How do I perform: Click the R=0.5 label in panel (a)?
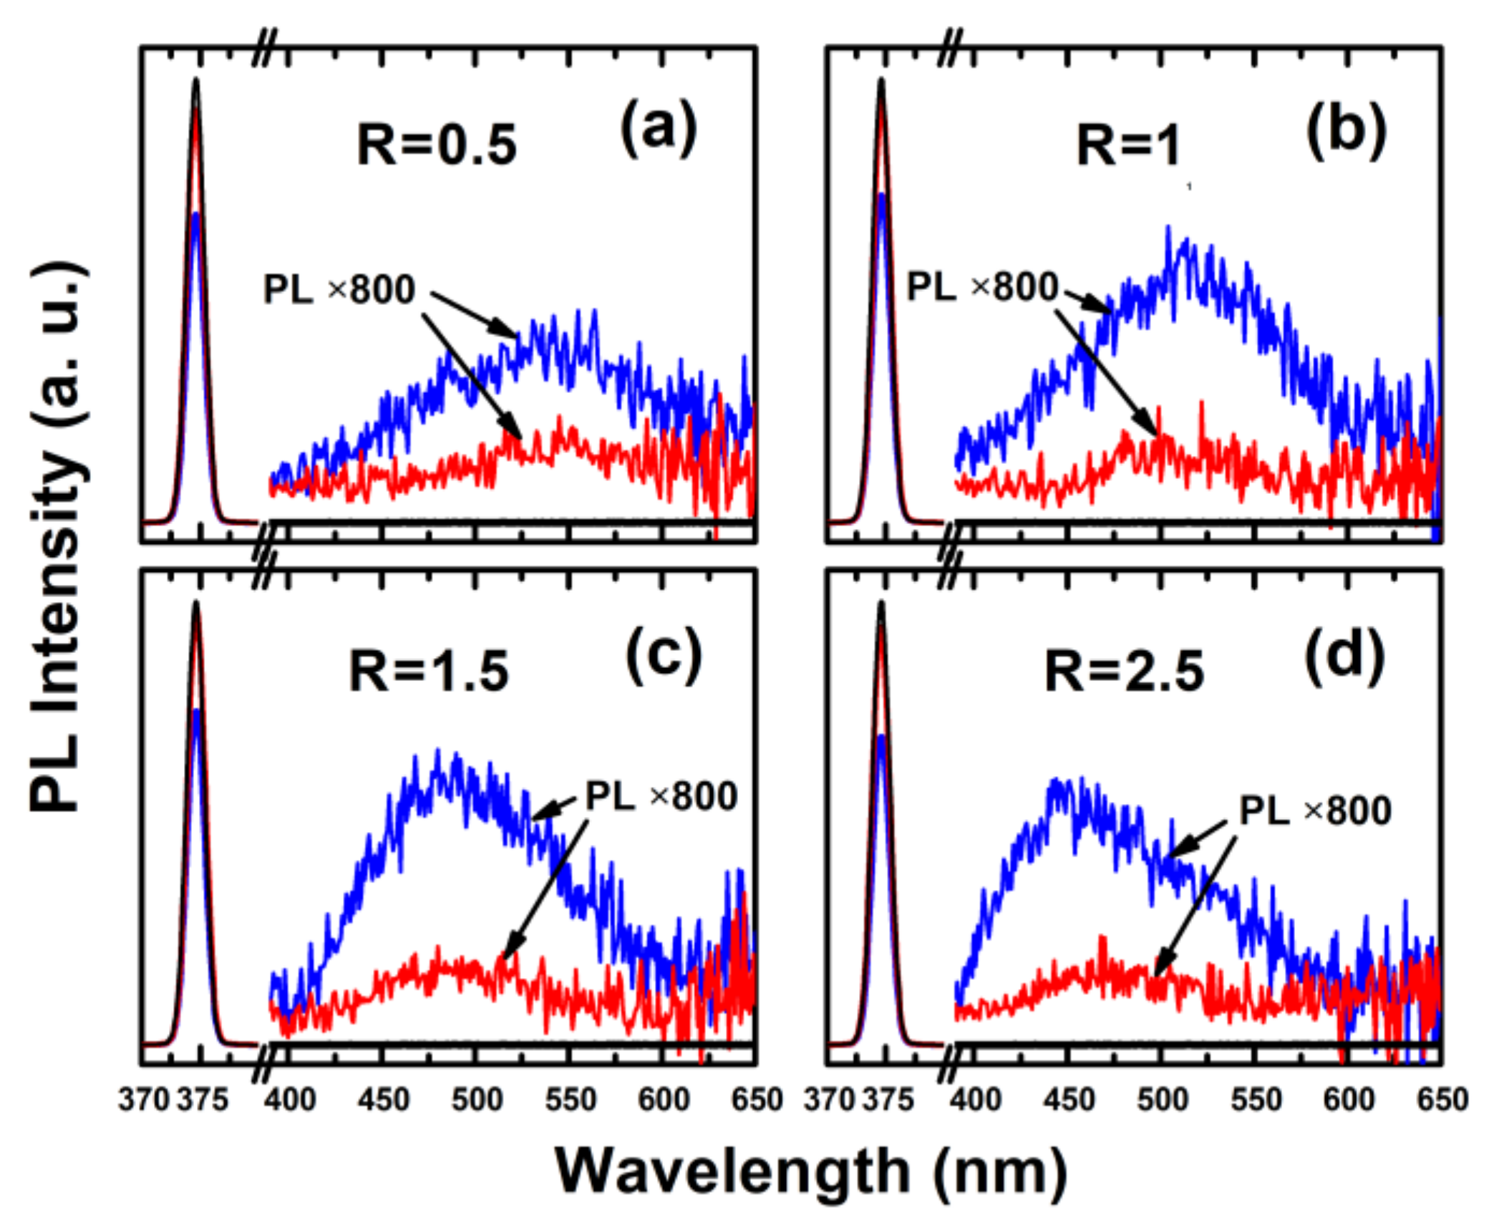coord(436,145)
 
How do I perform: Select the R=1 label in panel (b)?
coord(1128,145)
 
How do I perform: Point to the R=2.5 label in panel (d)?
coord(1124,671)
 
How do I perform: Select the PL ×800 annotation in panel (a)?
coord(339,289)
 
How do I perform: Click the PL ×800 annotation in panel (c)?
coord(661,795)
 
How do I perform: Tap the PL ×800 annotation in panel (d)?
coord(1315,810)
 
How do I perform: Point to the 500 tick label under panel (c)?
coord(477,1099)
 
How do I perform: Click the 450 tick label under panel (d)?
coord(1069,1099)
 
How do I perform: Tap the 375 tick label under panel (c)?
coord(203,1099)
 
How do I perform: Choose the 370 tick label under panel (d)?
coord(830,1099)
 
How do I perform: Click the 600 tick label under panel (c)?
coord(663,1099)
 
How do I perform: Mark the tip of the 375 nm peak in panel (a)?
coord(195,80)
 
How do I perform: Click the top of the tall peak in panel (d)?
coord(881,604)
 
